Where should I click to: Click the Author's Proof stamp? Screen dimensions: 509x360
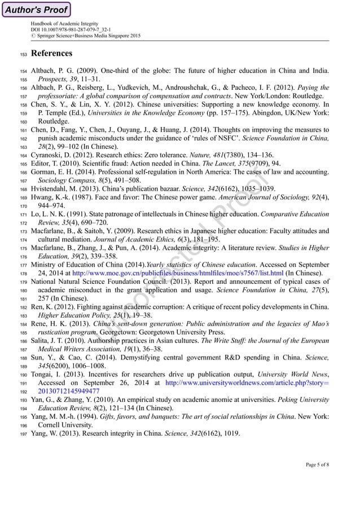(x=36, y=10)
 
